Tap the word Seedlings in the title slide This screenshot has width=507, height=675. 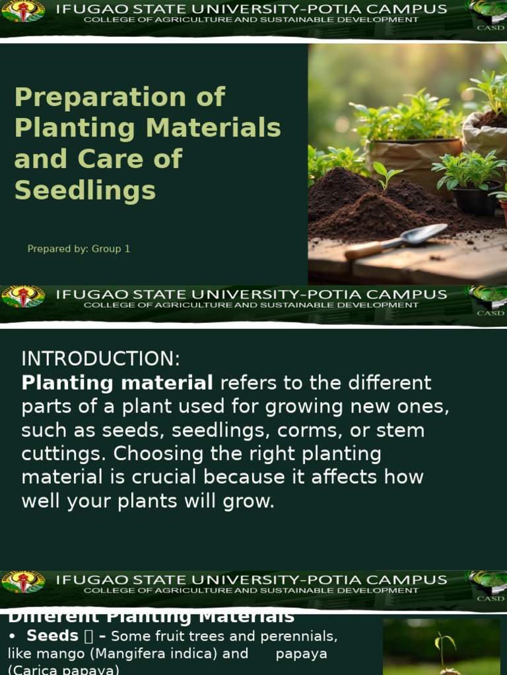[85, 191]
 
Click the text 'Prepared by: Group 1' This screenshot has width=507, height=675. [79, 249]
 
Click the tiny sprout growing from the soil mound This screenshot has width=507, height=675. [386, 175]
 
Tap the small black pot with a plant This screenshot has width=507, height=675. [475, 196]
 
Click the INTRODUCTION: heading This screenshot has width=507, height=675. [100, 359]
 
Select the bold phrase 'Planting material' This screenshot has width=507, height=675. [117, 383]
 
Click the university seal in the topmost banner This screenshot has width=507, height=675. [23, 11]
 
